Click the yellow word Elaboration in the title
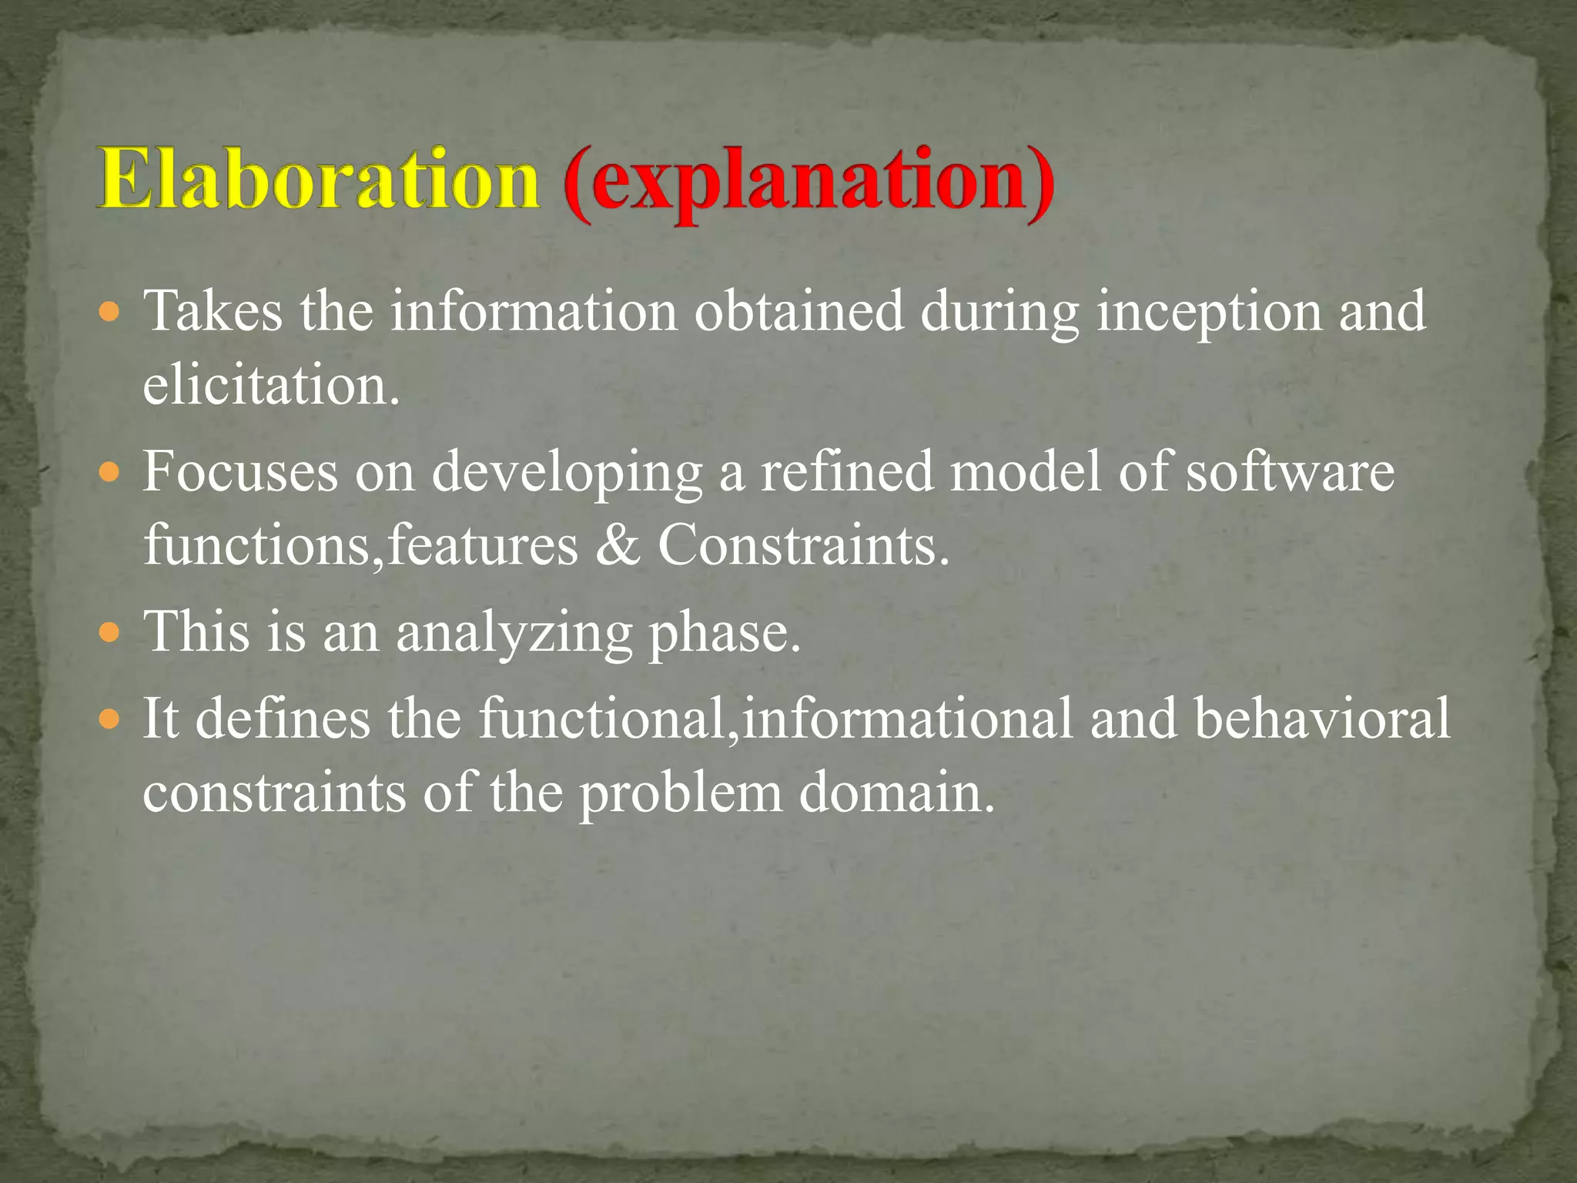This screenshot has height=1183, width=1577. coord(318,179)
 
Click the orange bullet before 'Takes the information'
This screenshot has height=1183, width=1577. coord(111,313)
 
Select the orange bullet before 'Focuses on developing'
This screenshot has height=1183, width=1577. coord(111,472)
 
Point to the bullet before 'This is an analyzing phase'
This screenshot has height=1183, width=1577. coord(111,633)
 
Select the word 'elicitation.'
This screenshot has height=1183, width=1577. coord(272,385)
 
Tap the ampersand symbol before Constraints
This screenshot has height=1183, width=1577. coord(618,545)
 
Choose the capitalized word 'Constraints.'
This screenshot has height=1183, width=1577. coord(804,545)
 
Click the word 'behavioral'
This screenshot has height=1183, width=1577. coord(1322,718)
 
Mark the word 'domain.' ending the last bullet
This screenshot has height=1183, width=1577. coord(896,793)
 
